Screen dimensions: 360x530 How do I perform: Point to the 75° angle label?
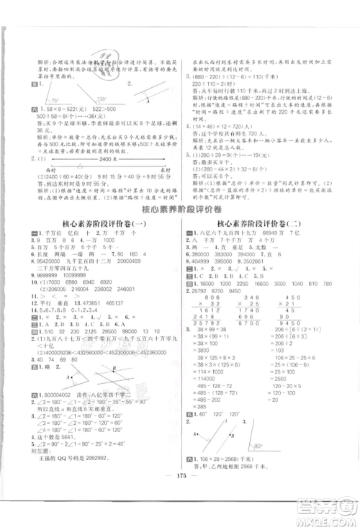click(51, 100)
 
